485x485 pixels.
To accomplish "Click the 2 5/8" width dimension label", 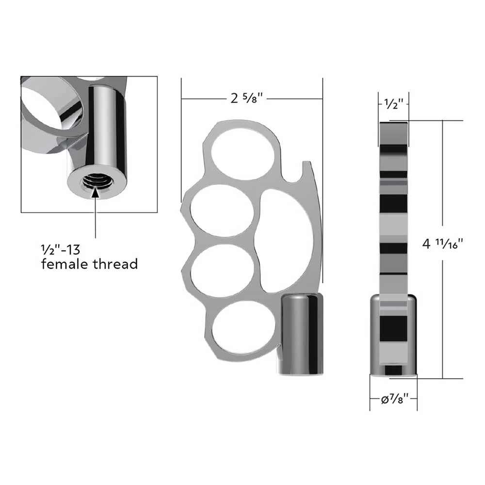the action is pyautogui.click(x=246, y=98).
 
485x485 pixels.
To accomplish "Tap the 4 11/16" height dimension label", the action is pyautogui.click(x=443, y=244).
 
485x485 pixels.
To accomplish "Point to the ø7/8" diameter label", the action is pyautogui.click(x=395, y=399).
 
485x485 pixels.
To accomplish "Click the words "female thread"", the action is pyautogui.click(x=89, y=264).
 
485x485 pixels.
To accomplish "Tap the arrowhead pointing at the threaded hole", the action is pyautogui.click(x=96, y=193).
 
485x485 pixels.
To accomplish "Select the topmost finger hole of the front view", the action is pyautogui.click(x=243, y=154).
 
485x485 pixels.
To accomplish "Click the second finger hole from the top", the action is pyautogui.click(x=222, y=211).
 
